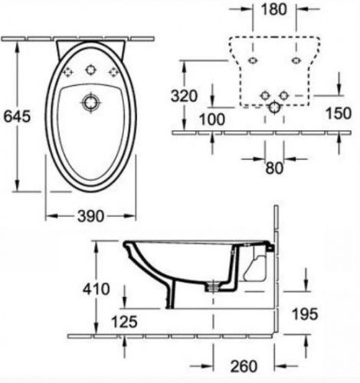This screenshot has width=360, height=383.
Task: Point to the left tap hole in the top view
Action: (x=68, y=72)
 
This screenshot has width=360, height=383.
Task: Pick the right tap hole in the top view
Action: (x=116, y=72)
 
